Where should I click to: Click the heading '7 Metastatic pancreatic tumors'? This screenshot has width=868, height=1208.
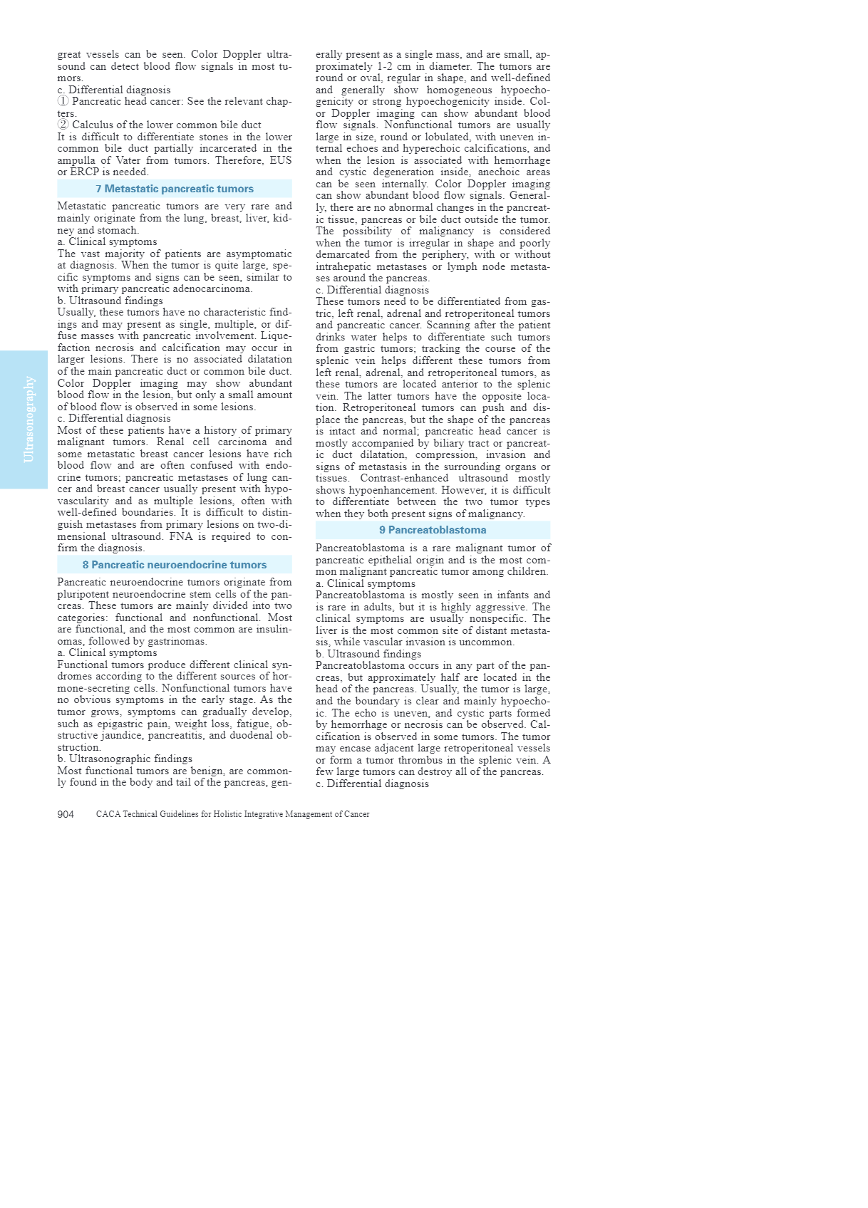click(x=175, y=189)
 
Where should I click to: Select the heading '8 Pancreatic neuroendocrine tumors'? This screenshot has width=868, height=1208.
click(x=175, y=565)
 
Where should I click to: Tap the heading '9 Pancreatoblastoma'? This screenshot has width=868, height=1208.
click(x=433, y=530)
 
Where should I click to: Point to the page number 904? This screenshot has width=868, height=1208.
click(x=66, y=814)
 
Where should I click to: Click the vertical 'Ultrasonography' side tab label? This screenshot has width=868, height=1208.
click(x=29, y=420)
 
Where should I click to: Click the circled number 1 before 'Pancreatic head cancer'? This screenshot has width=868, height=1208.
click(x=63, y=102)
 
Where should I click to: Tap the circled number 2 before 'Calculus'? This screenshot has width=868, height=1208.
click(x=63, y=125)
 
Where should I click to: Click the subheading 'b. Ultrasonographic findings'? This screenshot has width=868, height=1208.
click(x=125, y=759)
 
